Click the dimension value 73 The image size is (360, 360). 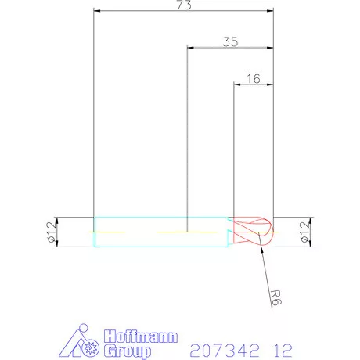[x=184, y=5]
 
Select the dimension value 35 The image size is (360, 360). [x=230, y=42]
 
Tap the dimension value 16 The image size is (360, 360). [x=253, y=79]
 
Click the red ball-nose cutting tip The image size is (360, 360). [x=254, y=232]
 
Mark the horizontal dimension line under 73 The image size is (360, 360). [x=141, y=11]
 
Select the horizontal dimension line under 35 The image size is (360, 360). [x=211, y=48]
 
